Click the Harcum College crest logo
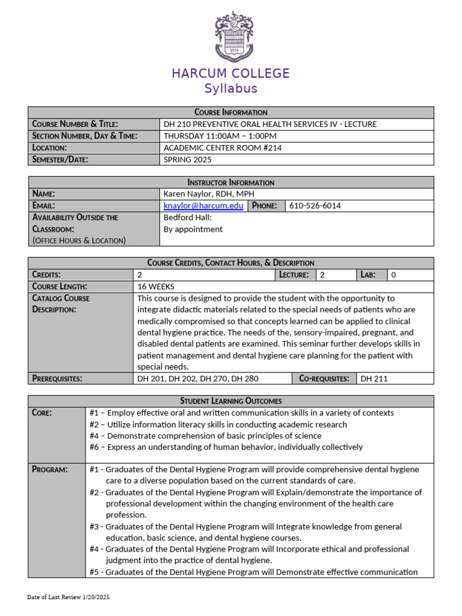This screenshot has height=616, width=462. [230, 37]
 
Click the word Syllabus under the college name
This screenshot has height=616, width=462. [230, 88]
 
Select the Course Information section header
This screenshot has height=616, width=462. [230, 112]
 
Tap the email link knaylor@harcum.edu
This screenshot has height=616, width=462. [203, 206]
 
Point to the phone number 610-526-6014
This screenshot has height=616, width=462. [315, 206]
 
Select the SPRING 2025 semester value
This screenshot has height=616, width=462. [188, 159]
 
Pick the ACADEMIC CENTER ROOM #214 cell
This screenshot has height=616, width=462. [223, 147]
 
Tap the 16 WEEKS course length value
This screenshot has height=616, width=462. [156, 286]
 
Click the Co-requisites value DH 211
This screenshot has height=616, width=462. [374, 378]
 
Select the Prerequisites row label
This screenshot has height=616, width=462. [57, 378]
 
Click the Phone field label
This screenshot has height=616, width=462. [265, 206]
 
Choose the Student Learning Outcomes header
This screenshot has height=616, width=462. [230, 401]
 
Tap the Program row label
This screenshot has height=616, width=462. [49, 469]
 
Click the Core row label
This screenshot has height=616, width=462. [42, 413]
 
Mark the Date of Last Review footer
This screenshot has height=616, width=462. [69, 597]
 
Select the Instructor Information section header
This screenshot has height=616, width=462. [230, 182]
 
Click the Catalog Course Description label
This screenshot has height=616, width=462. [60, 304]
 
